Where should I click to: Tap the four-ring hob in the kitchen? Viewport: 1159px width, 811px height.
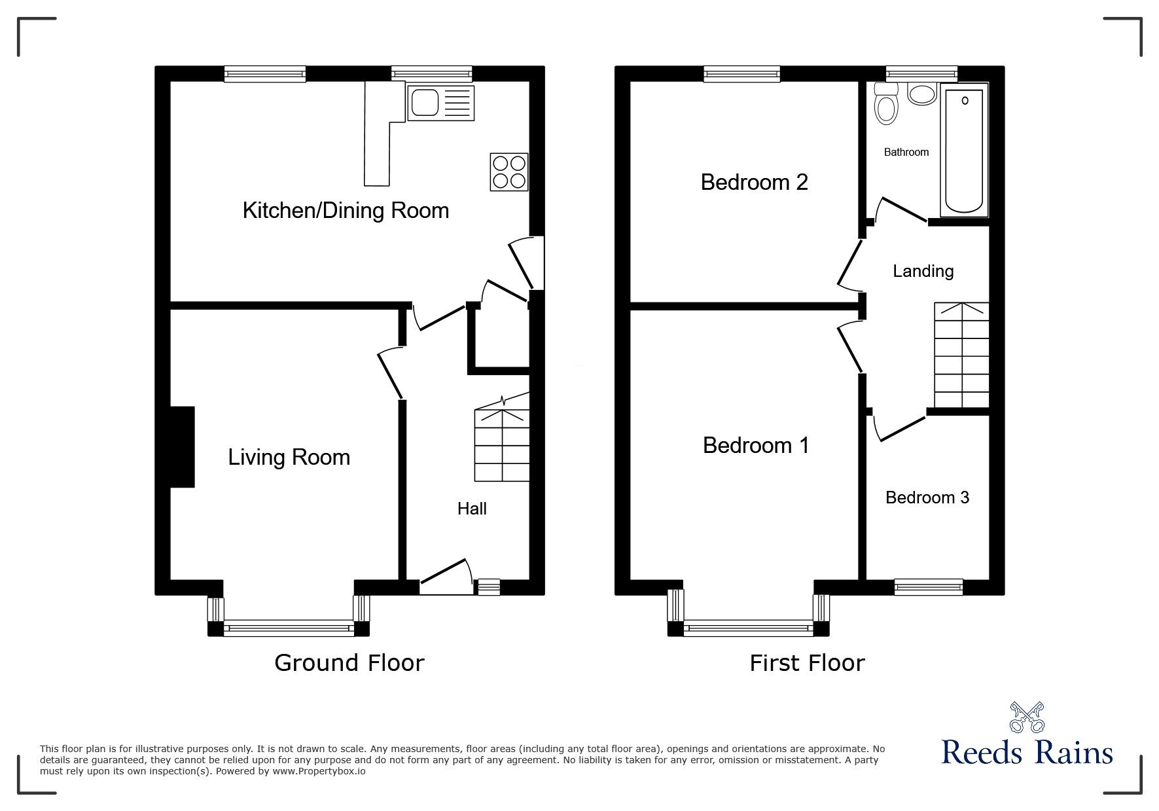pos(508,172)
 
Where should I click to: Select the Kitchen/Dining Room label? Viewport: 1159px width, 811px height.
pos(346,211)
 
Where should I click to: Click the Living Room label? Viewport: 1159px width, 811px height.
pos(289,457)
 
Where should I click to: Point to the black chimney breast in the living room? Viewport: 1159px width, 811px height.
pos(183,447)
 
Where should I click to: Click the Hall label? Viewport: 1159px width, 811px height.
pos(471,509)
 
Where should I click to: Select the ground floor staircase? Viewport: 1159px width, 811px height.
pos(501,445)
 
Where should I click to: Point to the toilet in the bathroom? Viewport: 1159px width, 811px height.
pos(885,109)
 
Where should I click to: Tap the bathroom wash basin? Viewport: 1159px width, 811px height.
pos(923,95)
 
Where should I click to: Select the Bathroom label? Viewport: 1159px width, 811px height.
pos(906,153)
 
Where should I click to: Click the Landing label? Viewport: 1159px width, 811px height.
pos(923,271)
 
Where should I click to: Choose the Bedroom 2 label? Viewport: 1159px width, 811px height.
pos(754,182)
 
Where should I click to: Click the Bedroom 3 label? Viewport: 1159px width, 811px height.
pos(927,497)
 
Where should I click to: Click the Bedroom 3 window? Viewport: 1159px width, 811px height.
pos(928,587)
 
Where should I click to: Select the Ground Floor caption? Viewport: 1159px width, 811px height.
pos(349,662)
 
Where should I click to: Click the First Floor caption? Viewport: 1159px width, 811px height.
pos(806,663)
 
